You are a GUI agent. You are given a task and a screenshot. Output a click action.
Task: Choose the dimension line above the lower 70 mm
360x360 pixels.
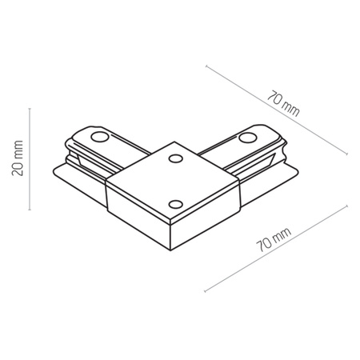(x=276, y=247)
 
